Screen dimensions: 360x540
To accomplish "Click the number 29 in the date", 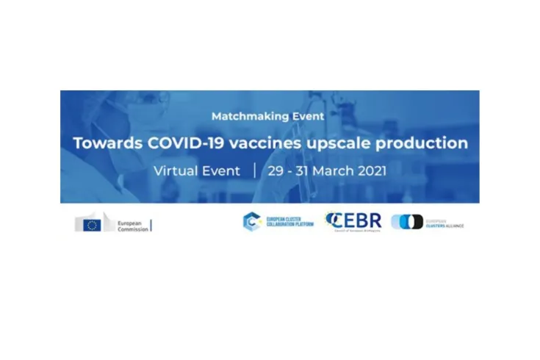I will pyautogui.click(x=277, y=171).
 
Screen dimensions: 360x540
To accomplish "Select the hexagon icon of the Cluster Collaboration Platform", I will pyautogui.click(x=252, y=222).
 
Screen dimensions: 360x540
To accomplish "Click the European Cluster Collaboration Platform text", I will pyautogui.click(x=288, y=222).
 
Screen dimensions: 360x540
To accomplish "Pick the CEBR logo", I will pyautogui.click(x=354, y=221).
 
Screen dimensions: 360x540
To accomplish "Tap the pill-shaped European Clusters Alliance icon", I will pyautogui.click(x=407, y=222).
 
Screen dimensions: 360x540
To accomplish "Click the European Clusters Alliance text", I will pyautogui.click(x=444, y=222).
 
